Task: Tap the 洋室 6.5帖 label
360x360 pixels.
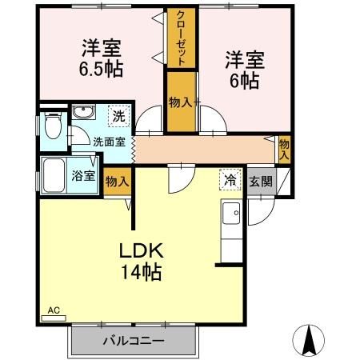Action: click(x=101, y=57)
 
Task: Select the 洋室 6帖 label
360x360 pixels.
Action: click(x=244, y=69)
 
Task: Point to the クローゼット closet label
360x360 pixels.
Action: click(x=182, y=38)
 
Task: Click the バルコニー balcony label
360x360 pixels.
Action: click(x=133, y=341)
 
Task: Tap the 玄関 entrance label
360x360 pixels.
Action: click(x=260, y=181)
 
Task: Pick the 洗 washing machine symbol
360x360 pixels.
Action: click(x=117, y=115)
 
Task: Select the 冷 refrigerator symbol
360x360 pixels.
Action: click(x=230, y=180)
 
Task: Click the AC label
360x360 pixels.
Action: click(x=54, y=310)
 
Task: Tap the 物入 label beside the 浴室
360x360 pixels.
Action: click(x=117, y=182)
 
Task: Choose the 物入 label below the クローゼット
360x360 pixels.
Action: click(x=181, y=102)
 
